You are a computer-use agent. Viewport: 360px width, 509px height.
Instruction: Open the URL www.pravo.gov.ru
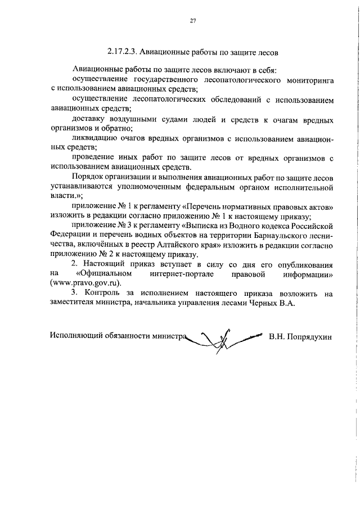coord(85,285)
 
